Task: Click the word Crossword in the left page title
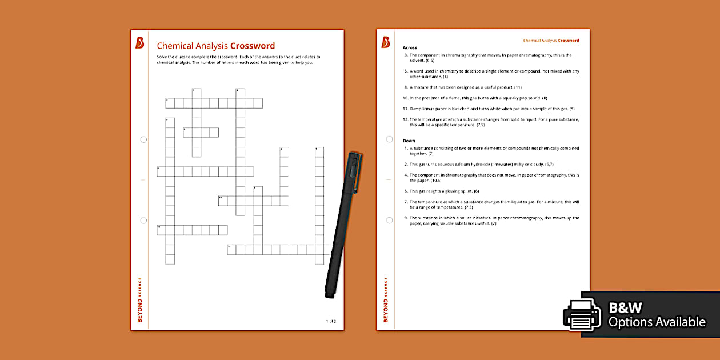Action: click(x=252, y=46)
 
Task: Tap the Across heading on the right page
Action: click(x=410, y=47)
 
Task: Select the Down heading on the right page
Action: click(x=409, y=141)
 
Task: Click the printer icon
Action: click(x=582, y=315)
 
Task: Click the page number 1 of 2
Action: click(x=331, y=321)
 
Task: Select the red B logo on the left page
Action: click(x=139, y=43)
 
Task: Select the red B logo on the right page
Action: click(x=385, y=43)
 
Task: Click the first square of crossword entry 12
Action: click(x=231, y=249)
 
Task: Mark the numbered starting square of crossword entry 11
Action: click(x=161, y=230)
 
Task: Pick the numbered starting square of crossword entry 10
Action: click(x=222, y=201)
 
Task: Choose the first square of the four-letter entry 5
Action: click(x=187, y=133)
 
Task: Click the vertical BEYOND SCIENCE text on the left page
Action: click(x=139, y=300)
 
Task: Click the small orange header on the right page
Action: click(x=551, y=41)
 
